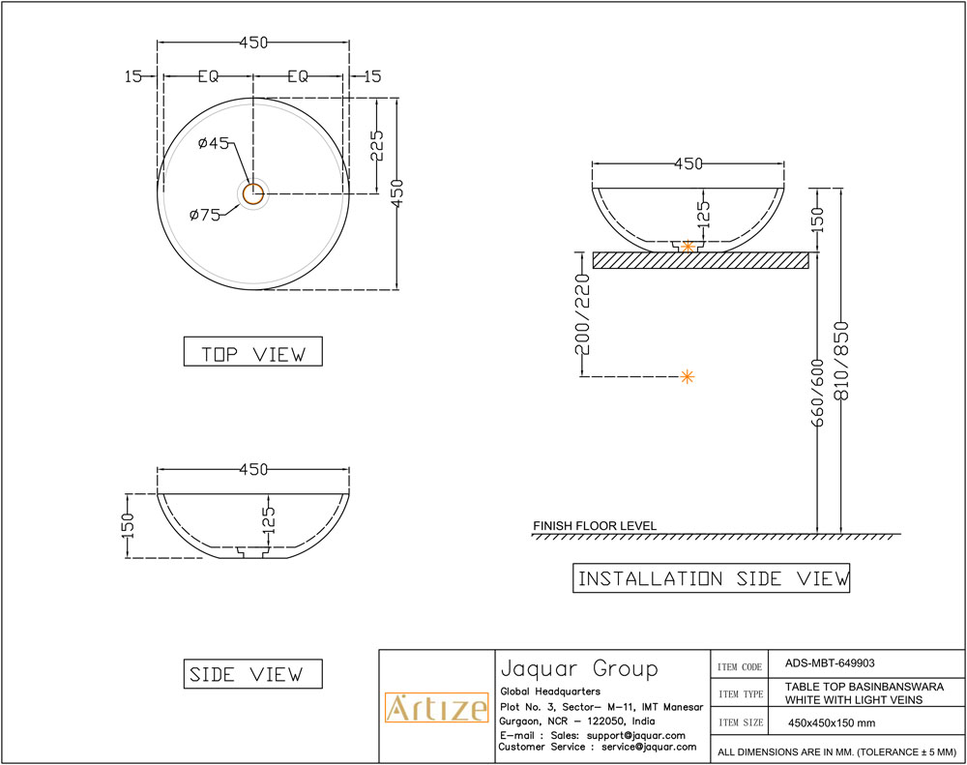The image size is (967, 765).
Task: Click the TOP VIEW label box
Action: click(252, 353)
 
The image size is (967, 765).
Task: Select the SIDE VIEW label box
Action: click(252, 674)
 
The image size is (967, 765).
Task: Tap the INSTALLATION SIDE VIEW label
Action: click(713, 578)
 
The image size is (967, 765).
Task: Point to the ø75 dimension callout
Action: click(205, 215)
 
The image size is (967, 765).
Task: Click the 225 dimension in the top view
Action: click(377, 145)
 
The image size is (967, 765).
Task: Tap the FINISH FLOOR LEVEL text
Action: click(595, 526)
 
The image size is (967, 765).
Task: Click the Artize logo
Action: click(436, 708)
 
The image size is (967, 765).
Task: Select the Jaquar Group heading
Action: click(578, 668)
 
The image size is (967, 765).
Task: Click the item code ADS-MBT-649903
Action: click(830, 663)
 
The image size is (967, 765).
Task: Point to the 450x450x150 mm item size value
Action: click(833, 722)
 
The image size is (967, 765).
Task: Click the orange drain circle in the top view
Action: click(253, 192)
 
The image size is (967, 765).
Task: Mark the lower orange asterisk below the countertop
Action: click(688, 376)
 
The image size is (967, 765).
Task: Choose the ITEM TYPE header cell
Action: click(741, 693)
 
